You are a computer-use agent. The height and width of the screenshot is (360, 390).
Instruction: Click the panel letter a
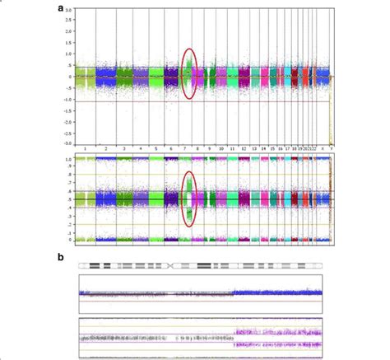(x=61, y=7)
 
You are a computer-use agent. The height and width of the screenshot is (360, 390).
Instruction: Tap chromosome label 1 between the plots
(x=86, y=148)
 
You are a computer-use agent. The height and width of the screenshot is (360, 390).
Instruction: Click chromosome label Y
(x=331, y=148)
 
